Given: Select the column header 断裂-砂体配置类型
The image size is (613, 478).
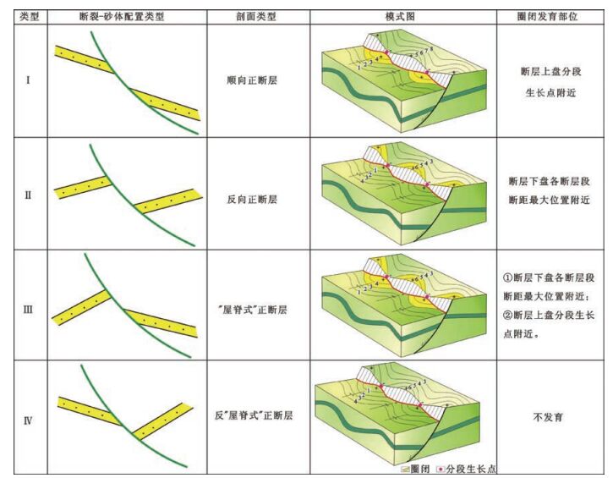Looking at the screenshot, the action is click(123, 16).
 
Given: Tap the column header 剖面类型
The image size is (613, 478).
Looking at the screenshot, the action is click(257, 16).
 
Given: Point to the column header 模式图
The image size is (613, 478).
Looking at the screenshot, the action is click(400, 16).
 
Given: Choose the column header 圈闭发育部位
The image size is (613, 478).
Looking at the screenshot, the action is click(547, 16).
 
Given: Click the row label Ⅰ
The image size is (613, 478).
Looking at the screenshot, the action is click(29, 83).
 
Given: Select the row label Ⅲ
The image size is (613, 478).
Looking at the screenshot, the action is click(29, 309).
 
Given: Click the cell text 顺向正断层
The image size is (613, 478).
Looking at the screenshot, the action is click(257, 83).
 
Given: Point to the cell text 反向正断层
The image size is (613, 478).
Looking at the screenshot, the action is click(257, 200).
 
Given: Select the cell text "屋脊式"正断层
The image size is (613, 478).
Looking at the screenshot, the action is click(257, 310).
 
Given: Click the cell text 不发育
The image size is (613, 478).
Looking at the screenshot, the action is click(547, 417).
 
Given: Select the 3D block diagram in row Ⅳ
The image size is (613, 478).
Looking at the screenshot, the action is click(401, 415).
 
